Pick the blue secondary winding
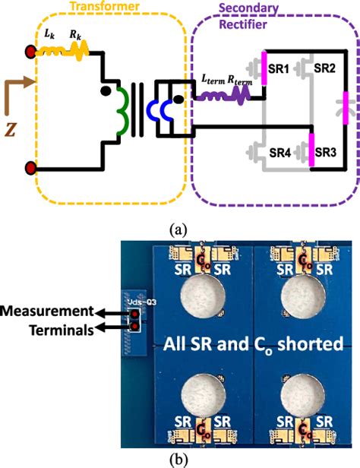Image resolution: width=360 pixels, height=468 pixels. (x=161, y=113)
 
